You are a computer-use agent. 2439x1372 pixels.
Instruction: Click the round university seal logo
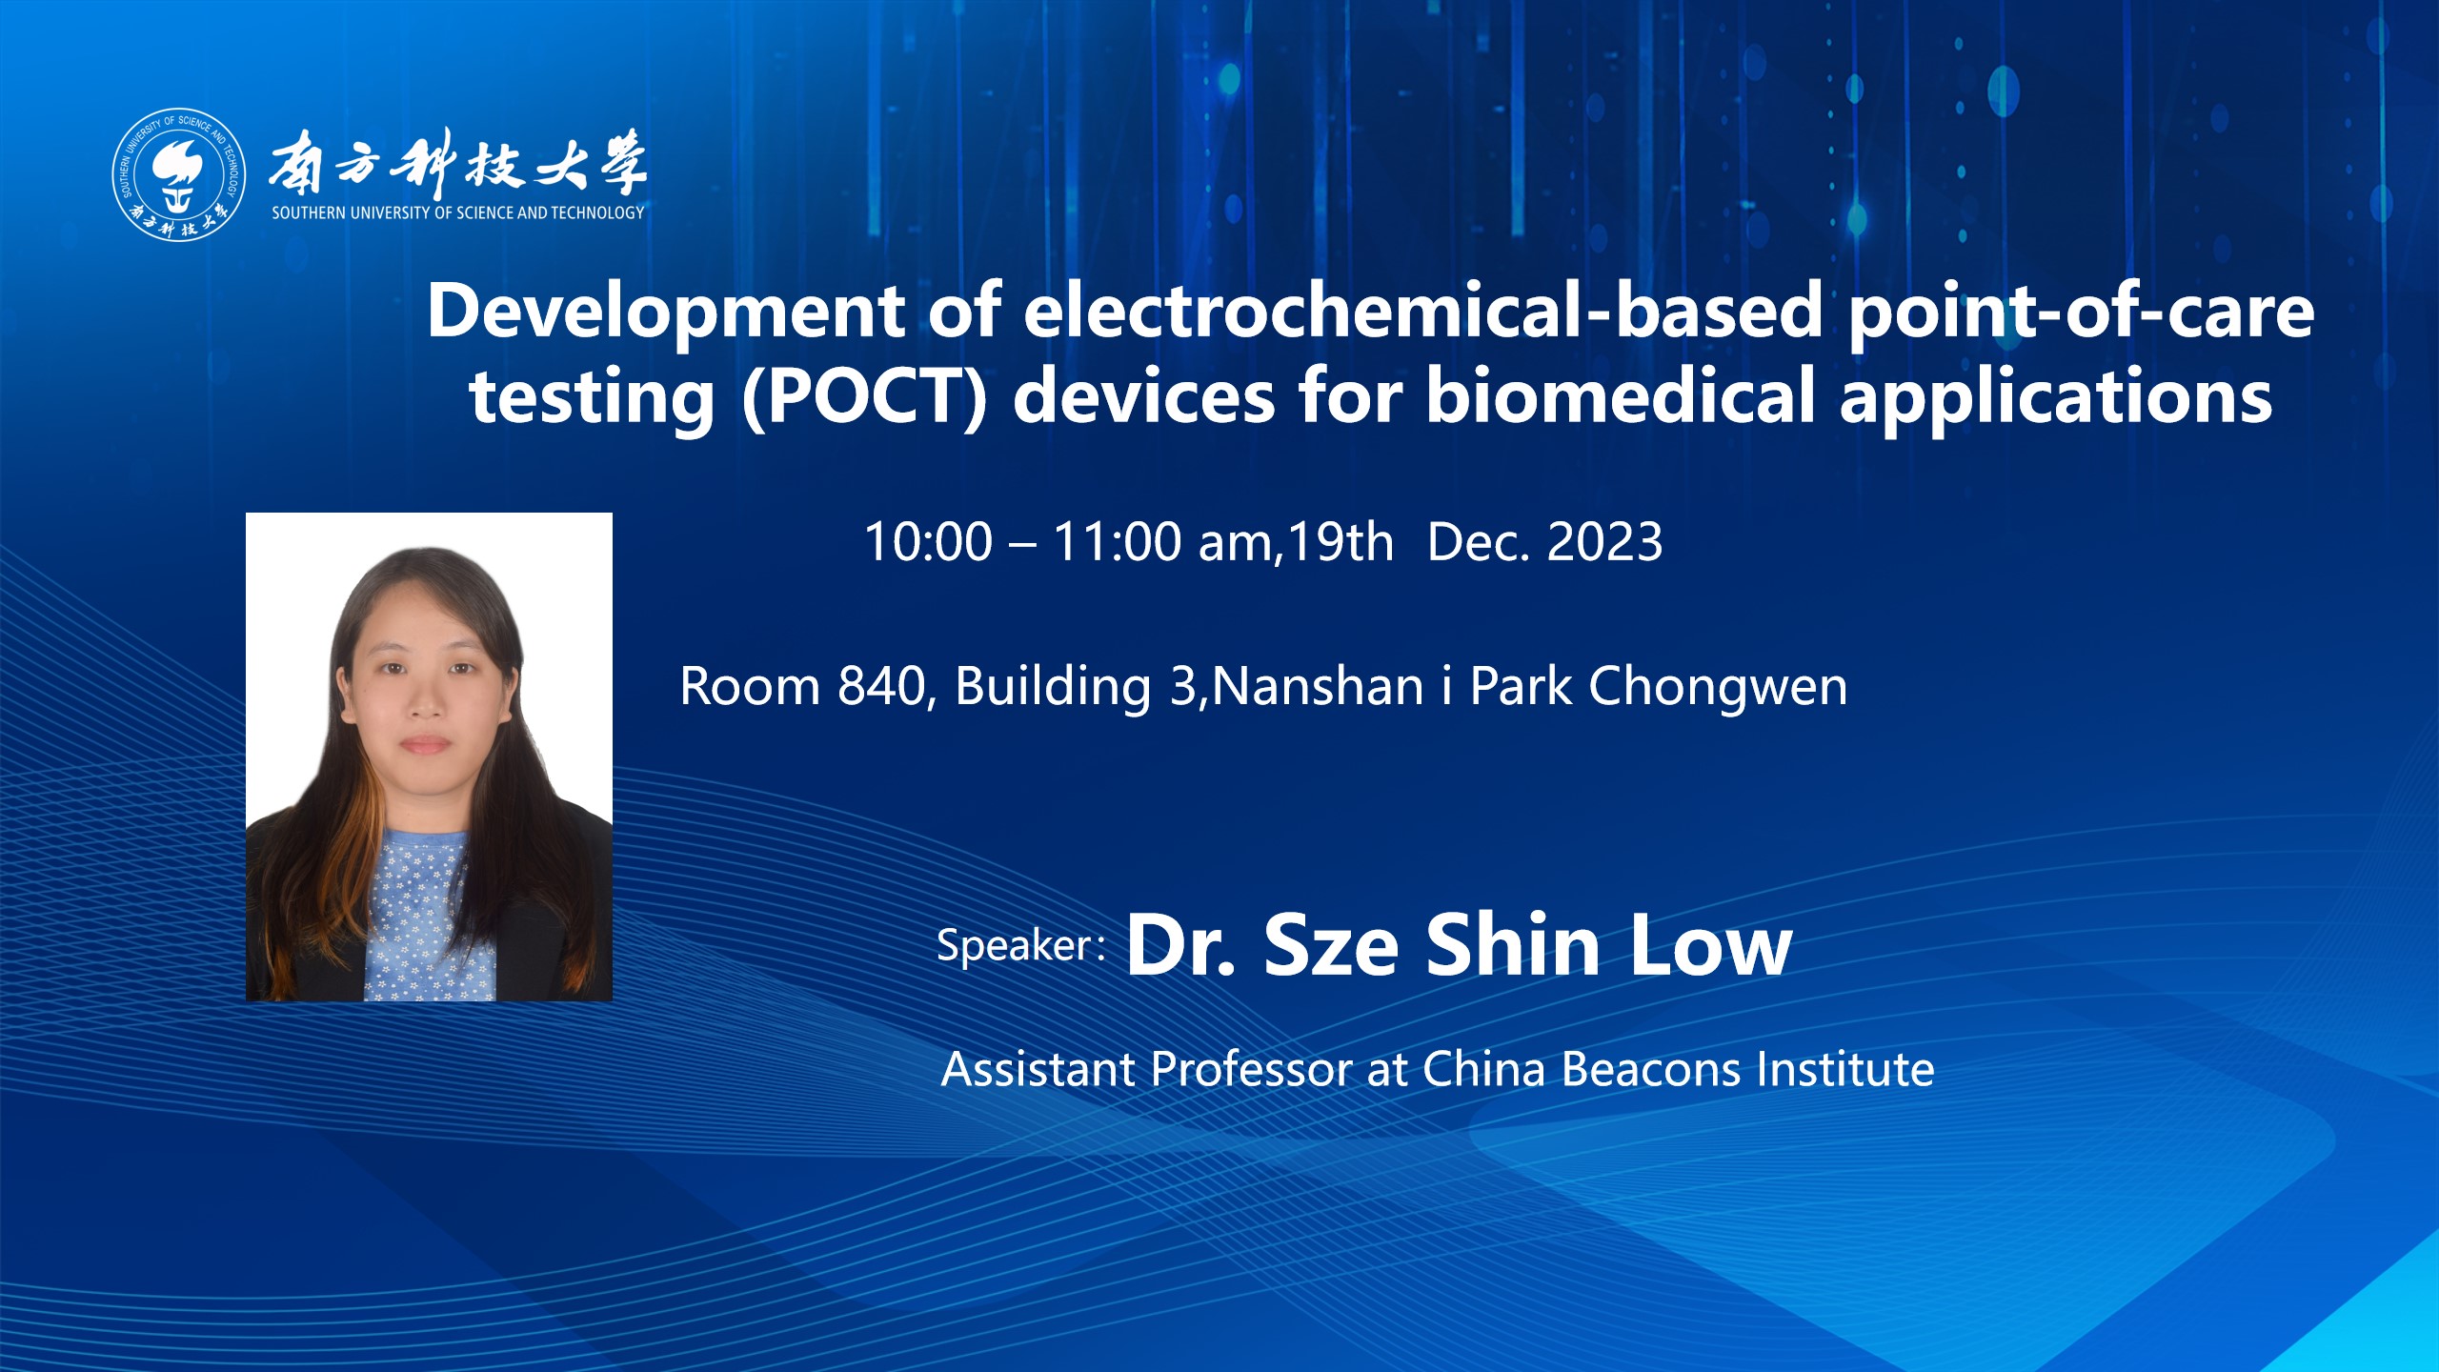178,174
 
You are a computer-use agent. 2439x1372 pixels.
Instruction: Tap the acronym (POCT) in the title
865,397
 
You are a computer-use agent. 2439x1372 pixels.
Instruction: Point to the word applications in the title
2056,397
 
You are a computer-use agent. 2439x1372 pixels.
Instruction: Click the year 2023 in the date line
1605,542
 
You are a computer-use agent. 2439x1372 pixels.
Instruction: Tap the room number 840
881,687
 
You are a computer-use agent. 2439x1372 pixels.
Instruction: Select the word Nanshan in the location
1318,686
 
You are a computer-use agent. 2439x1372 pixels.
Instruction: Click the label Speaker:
1021,946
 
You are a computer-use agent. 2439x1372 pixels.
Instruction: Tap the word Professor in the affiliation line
1252,1069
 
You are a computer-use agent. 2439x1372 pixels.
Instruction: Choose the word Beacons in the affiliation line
1653,1069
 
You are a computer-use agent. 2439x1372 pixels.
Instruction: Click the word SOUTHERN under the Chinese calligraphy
309,213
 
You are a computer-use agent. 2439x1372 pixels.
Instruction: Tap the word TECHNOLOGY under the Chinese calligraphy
597,213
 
